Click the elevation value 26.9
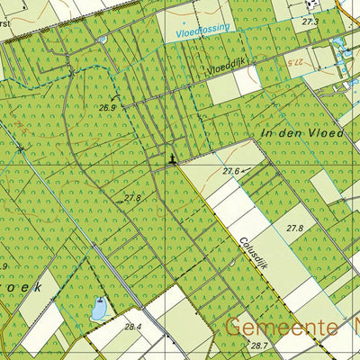(x=109, y=107)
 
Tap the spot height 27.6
(x=231, y=170)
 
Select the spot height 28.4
(x=134, y=327)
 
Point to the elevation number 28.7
(x=260, y=346)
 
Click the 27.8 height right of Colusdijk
(x=294, y=229)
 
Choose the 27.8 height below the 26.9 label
(x=133, y=197)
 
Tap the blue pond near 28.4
(x=98, y=309)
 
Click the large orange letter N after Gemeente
(x=352, y=326)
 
